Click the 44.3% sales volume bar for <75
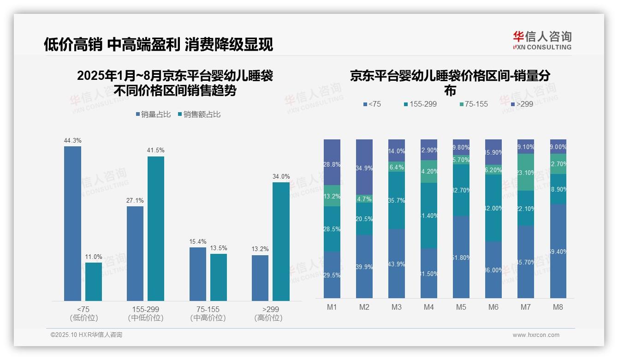coord(72,223)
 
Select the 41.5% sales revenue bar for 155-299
coord(156,228)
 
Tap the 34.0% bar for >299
coord(281,241)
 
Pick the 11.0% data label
coord(94,257)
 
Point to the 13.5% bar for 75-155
coord(219,277)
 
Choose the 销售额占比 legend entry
coord(199,114)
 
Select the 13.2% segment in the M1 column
coord(332,196)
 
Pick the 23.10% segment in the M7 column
coord(526,172)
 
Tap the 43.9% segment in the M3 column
coord(397,264)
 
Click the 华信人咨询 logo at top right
coord(542,40)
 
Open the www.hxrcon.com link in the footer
coord(536,335)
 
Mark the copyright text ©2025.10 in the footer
coord(86,335)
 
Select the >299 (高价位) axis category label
coord(268,313)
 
